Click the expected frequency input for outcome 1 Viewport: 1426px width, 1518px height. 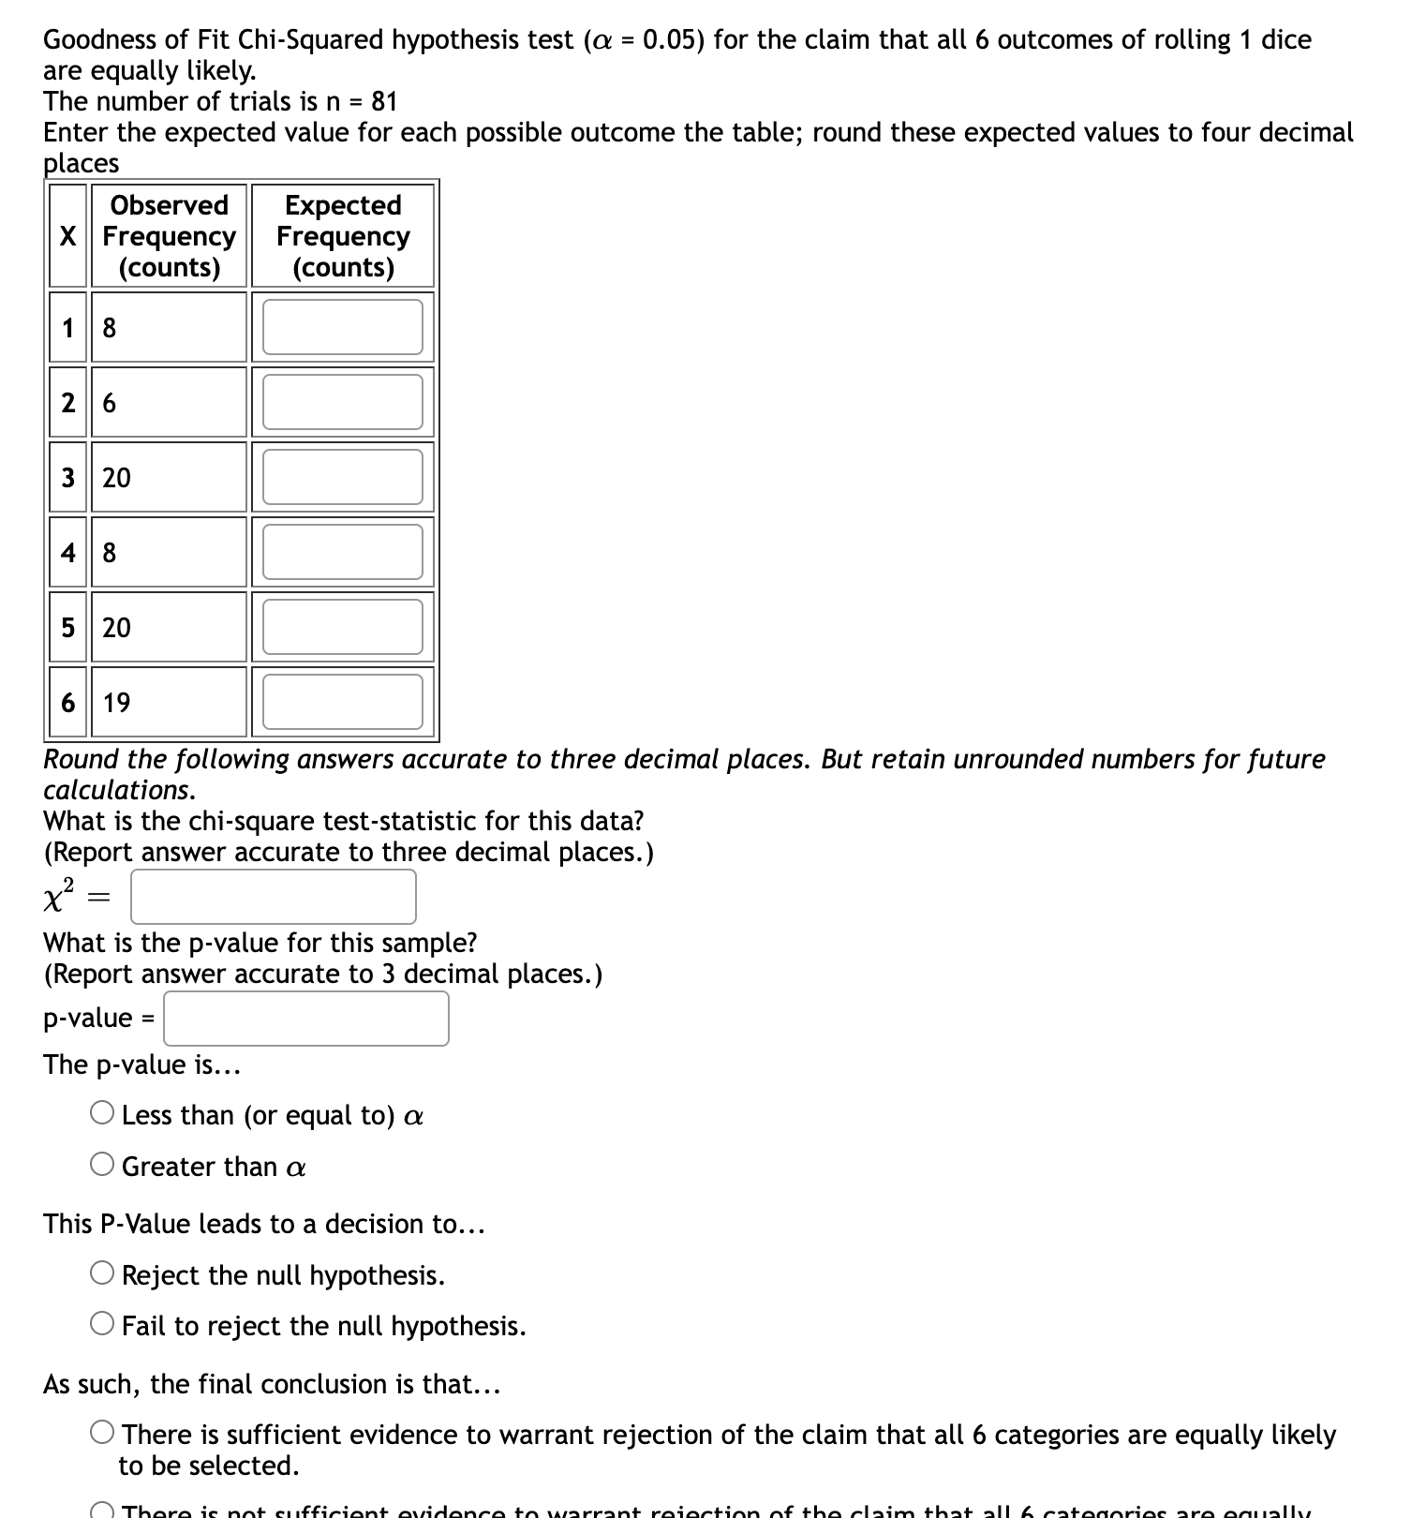(x=342, y=327)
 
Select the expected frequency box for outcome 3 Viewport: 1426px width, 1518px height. (x=342, y=477)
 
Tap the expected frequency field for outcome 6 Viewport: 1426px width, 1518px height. (x=342, y=702)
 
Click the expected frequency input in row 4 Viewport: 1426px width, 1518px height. (x=342, y=552)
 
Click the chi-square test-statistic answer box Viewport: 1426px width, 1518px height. (x=273, y=897)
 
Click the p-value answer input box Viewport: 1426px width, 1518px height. (x=305, y=1019)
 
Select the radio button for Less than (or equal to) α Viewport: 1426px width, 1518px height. (x=102, y=1113)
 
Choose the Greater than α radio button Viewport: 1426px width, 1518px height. (x=102, y=1165)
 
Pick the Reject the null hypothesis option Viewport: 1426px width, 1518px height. (x=102, y=1273)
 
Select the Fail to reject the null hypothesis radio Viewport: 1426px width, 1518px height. (x=102, y=1324)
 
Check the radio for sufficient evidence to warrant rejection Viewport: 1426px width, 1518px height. (x=102, y=1433)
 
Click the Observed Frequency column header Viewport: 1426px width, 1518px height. (x=169, y=235)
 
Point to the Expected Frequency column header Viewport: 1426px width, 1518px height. (x=343, y=235)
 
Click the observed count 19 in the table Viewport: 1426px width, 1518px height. (x=117, y=703)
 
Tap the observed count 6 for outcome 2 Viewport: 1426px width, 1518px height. (x=110, y=403)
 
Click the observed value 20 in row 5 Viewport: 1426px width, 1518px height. (x=117, y=628)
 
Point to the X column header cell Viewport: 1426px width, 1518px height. (x=67, y=235)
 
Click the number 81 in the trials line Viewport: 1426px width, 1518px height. (x=384, y=101)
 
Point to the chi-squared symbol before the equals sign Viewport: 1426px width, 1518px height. (x=58, y=897)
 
